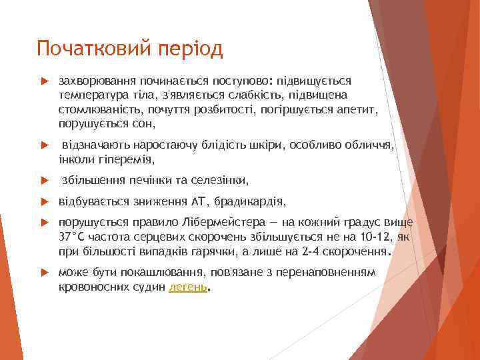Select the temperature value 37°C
72,237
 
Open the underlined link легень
188,288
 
